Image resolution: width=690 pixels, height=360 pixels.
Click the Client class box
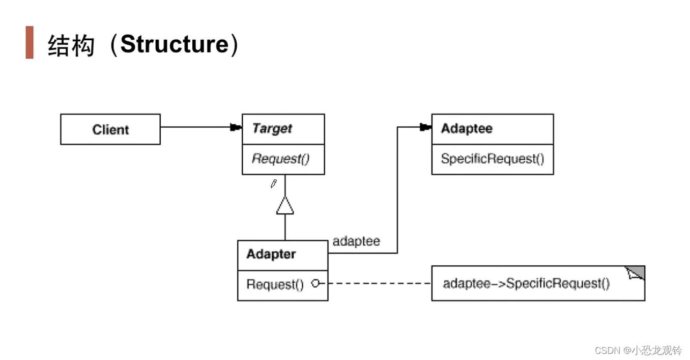click(110, 129)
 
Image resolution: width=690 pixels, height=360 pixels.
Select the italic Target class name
click(272, 129)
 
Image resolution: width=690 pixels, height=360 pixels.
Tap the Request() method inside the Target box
click(281, 159)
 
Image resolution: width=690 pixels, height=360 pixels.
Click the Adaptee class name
click(467, 129)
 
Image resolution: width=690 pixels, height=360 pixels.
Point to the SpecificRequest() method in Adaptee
click(492, 159)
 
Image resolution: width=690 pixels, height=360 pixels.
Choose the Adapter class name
click(271, 254)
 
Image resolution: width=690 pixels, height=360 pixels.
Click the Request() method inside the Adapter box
click(275, 284)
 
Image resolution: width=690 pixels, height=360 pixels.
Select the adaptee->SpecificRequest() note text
click(526, 284)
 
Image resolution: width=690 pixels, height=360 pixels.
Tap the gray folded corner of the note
click(637, 272)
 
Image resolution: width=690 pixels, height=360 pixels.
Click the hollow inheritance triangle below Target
click(285, 206)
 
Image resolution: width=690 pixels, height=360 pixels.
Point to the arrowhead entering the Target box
click(236, 127)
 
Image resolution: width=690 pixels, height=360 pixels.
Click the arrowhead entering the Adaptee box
click(425, 127)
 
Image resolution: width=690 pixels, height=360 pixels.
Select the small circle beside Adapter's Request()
click(315, 284)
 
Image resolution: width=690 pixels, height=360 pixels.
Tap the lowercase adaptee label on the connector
click(356, 241)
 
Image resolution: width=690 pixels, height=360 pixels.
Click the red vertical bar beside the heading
click(30, 42)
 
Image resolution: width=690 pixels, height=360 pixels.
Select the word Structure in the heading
click(175, 44)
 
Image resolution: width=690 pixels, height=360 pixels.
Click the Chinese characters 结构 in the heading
click(71, 45)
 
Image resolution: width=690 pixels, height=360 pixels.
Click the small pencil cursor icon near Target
click(273, 184)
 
